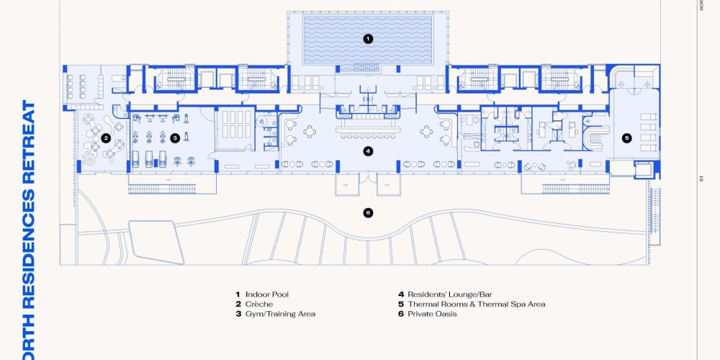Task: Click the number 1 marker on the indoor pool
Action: point(368,38)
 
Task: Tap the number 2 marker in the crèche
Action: point(106,138)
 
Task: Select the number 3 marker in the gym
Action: point(174,138)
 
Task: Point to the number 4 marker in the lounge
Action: point(368,151)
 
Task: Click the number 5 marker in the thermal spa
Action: point(626,138)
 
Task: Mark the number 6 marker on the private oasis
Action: point(368,212)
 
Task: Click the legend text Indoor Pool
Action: point(266,294)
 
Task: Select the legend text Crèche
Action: point(258,305)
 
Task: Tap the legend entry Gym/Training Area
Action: point(280,314)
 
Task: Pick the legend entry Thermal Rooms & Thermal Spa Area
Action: point(476,305)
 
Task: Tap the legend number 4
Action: point(400,294)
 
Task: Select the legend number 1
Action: point(237,294)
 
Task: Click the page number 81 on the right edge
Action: point(701,179)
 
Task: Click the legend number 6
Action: point(400,314)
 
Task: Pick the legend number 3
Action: point(237,314)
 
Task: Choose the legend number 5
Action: point(400,305)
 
